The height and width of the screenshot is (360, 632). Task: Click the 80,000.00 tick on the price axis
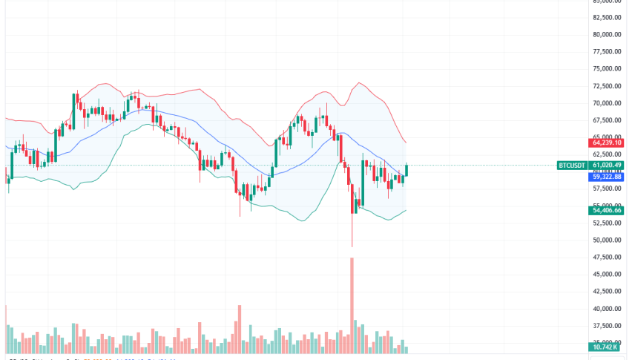[x=606, y=34]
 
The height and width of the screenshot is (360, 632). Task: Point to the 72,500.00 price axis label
[x=606, y=86]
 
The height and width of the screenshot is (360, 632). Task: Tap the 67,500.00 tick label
[x=606, y=120]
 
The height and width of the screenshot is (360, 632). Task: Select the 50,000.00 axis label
[x=606, y=240]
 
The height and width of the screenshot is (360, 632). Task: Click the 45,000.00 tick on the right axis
[x=606, y=274]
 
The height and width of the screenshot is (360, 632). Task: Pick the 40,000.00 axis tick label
[x=606, y=309]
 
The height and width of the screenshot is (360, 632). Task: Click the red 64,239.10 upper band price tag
[x=606, y=143]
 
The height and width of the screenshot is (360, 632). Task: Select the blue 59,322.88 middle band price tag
[x=606, y=177]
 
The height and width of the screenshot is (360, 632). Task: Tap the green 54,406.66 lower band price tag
[x=606, y=211]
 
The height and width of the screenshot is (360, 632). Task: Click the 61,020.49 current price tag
[x=606, y=165]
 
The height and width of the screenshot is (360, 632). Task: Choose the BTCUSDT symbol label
[x=572, y=165]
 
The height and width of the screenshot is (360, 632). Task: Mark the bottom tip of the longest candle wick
[x=352, y=247]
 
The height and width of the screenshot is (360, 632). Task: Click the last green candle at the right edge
[x=406, y=170]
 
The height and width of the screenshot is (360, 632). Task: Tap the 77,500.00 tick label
[x=606, y=52]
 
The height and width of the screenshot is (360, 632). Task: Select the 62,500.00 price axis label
[x=606, y=154]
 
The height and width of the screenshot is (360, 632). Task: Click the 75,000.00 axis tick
[x=606, y=69]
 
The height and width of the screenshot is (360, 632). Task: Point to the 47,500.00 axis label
[x=606, y=257]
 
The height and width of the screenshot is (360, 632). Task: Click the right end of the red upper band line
[x=406, y=143]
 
